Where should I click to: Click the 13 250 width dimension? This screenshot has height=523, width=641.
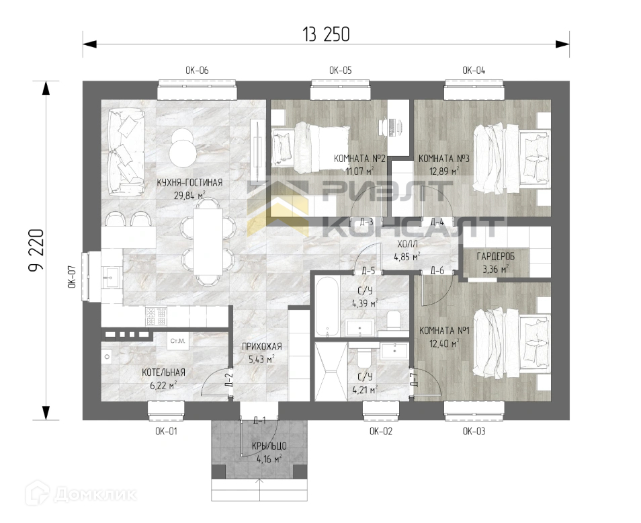(326, 34)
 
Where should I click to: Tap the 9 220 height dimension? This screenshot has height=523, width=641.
(36, 250)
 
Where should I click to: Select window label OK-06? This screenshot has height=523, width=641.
(197, 71)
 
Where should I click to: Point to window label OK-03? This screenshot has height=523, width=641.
(474, 431)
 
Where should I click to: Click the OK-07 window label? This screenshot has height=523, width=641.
(72, 277)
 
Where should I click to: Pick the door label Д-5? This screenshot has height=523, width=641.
(368, 271)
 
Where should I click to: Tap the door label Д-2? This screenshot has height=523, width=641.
(229, 380)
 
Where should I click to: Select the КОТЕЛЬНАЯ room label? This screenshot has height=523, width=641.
(163, 372)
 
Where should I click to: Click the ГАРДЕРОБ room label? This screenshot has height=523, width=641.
(495, 257)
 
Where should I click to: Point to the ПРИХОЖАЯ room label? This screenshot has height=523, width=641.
(261, 347)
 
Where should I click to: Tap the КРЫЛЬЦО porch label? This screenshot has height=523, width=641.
(269, 446)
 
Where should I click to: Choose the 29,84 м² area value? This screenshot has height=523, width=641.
(190, 195)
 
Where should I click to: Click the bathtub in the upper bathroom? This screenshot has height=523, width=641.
(327, 307)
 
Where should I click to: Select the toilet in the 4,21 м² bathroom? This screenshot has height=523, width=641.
(364, 358)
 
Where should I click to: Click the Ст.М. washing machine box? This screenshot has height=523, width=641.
(178, 341)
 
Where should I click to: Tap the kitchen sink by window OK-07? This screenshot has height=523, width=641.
(111, 278)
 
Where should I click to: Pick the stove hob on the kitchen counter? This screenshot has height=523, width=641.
(156, 317)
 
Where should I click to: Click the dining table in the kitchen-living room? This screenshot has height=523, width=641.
(208, 241)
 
